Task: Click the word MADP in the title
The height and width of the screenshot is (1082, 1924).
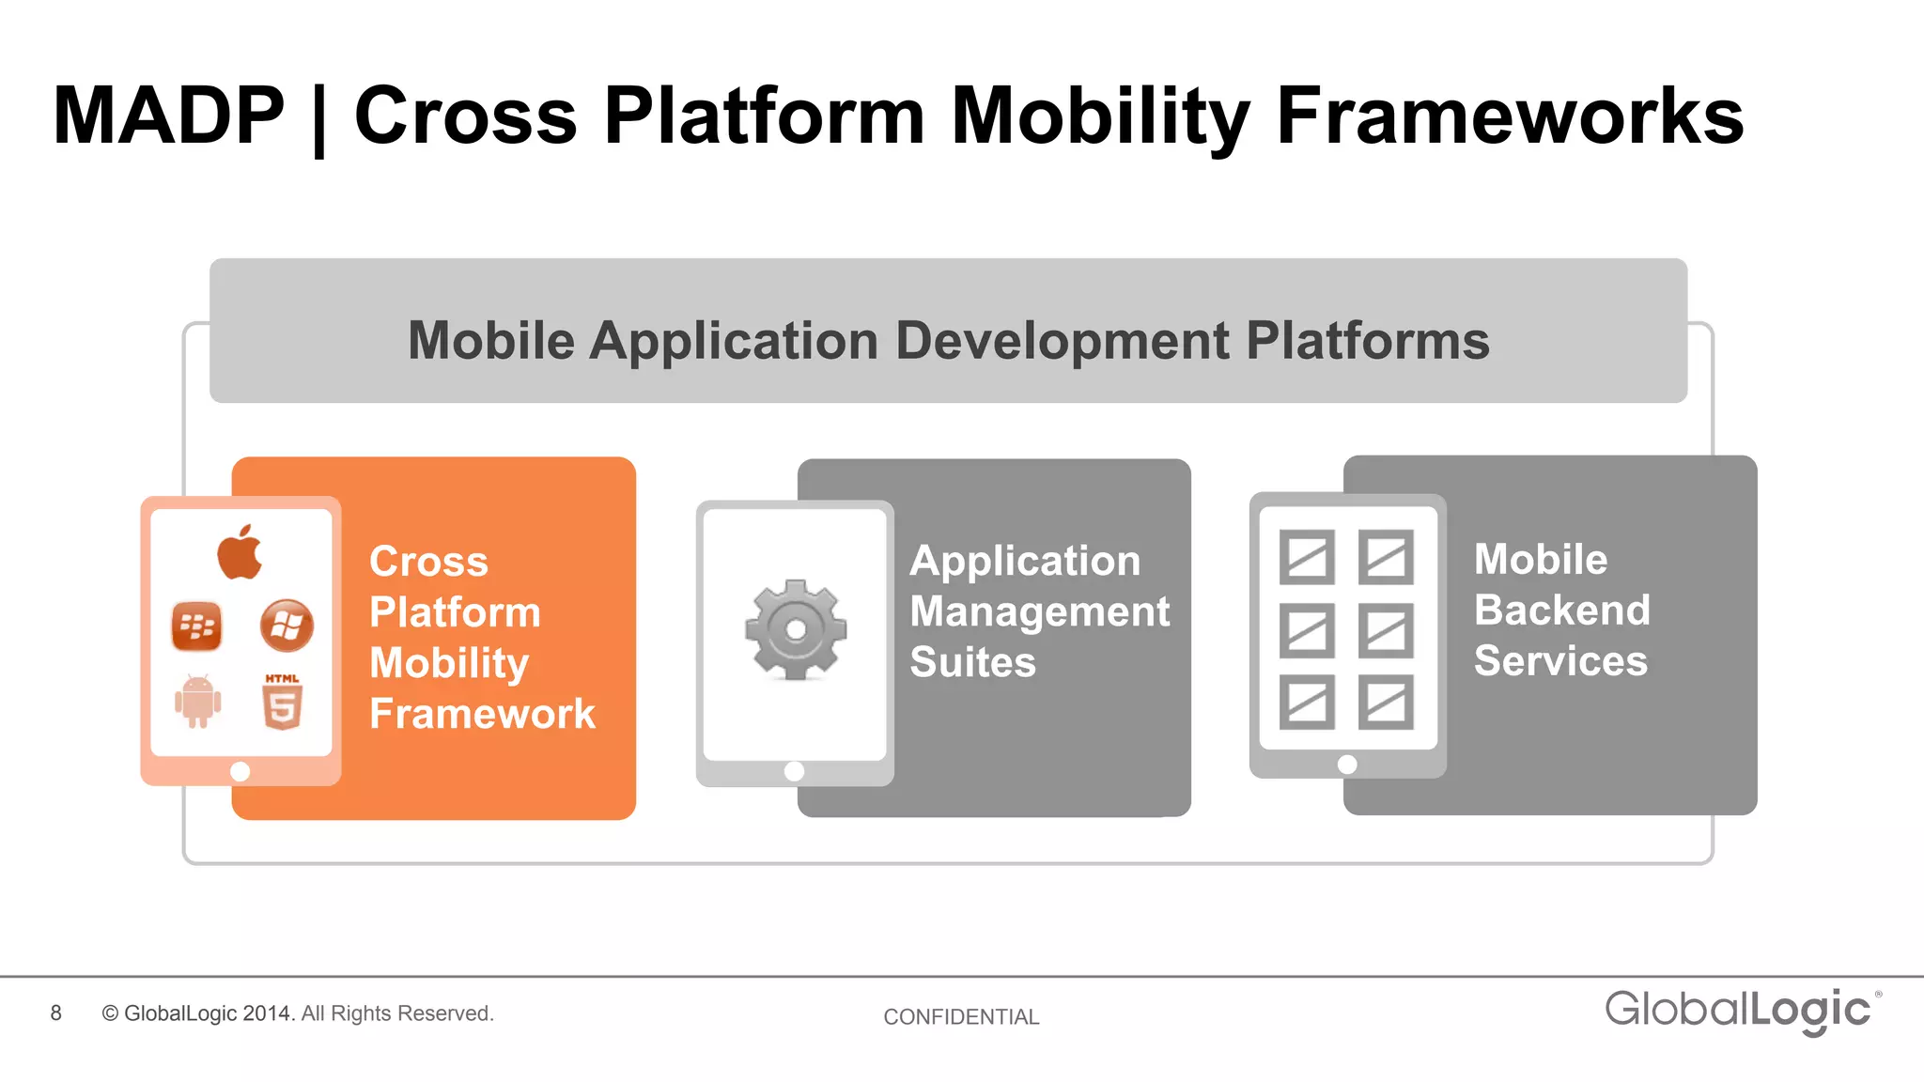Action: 168,116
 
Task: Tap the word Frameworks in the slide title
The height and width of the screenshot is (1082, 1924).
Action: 1510,116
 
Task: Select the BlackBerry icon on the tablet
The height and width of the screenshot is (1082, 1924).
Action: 197,626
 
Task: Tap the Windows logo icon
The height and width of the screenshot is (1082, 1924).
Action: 287,626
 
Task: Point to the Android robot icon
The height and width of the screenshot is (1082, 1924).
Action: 197,702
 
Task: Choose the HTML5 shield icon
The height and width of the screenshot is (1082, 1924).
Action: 282,703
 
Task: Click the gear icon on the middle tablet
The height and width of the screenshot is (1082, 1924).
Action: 796,629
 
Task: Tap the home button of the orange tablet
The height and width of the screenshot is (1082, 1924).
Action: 240,771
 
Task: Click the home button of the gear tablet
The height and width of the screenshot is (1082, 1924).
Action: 794,771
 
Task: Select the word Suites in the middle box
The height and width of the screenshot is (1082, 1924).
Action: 972,662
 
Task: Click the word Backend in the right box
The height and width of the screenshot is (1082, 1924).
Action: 1561,611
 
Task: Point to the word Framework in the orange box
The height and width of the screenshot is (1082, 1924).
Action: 482,714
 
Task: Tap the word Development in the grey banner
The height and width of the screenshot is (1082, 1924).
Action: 1062,340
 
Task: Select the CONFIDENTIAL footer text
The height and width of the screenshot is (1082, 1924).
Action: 961,1017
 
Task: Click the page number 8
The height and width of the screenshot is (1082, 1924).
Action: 56,1013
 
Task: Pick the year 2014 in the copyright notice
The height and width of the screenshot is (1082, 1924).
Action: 268,1013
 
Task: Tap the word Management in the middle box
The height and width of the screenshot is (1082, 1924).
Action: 1040,611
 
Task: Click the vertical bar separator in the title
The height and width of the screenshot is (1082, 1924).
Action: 318,119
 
